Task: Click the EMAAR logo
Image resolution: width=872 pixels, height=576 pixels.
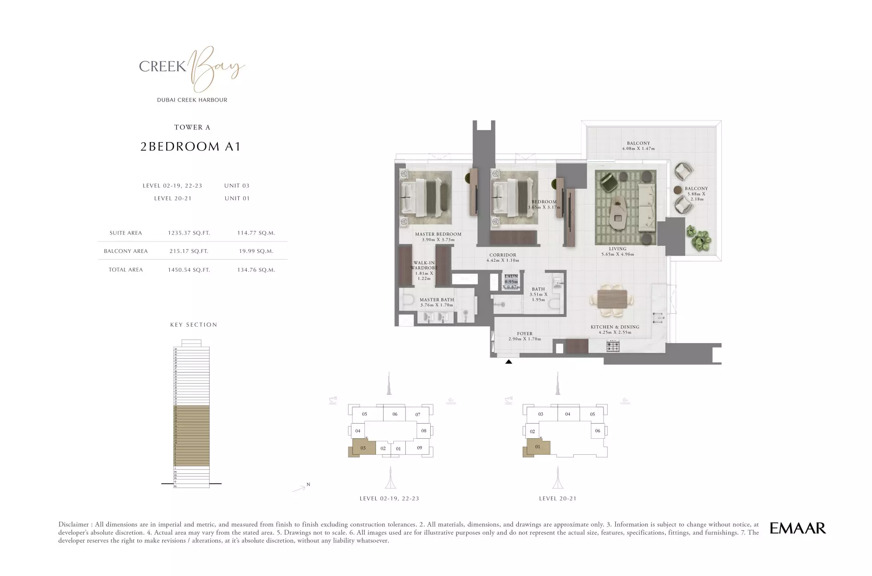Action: point(797,528)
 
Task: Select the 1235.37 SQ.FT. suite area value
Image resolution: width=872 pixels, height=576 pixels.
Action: point(188,233)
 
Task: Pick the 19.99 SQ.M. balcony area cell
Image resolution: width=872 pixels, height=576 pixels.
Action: point(256,251)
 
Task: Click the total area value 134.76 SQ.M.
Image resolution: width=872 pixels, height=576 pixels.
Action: point(256,270)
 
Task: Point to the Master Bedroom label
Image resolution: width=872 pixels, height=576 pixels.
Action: point(438,234)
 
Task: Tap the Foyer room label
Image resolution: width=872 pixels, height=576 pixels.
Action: point(524,334)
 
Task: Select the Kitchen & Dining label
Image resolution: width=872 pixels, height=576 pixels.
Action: point(615,327)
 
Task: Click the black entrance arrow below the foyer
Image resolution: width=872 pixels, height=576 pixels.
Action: point(508,362)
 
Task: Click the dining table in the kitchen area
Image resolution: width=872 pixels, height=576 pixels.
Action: point(612,299)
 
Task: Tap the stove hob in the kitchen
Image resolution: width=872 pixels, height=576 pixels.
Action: point(613,346)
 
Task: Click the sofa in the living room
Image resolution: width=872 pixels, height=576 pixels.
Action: point(647,208)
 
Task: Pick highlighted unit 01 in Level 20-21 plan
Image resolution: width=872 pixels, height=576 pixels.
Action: point(537,447)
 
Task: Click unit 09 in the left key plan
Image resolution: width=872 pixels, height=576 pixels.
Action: point(419,448)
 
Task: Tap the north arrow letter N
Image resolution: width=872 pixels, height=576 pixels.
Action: point(308,484)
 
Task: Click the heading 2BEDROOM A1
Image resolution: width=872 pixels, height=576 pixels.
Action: point(191,147)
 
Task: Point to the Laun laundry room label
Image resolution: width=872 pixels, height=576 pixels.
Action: point(511,276)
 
